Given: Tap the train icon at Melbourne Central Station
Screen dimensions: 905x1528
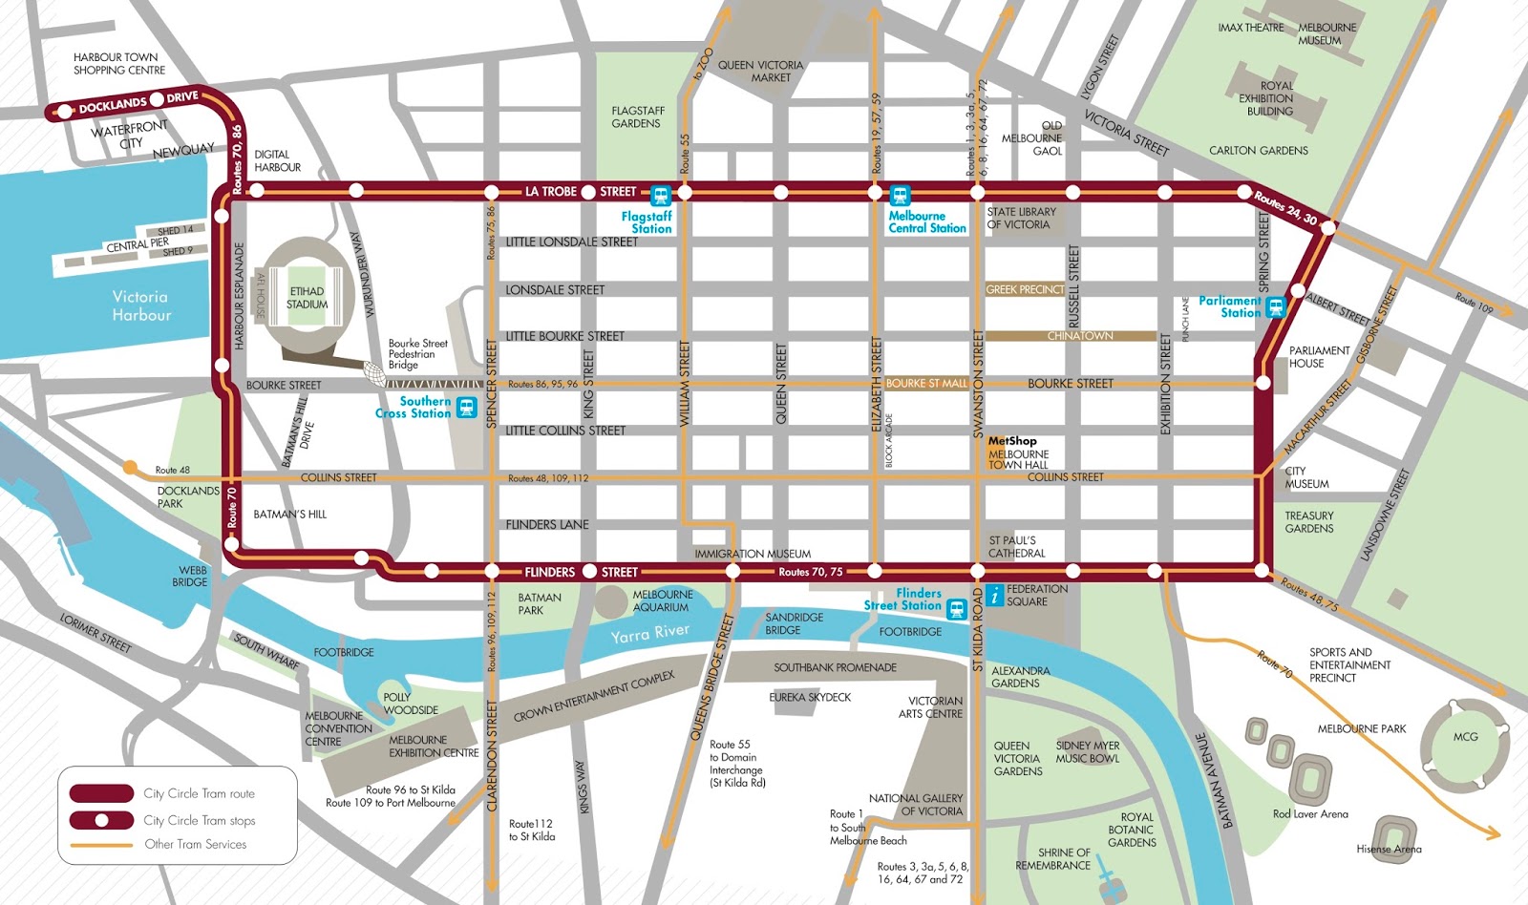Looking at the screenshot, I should click(900, 196).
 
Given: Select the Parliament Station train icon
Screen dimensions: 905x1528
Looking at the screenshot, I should click(1276, 307).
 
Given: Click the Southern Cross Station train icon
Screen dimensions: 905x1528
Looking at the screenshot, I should click(466, 408).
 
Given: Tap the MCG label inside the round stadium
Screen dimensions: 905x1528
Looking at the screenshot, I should click(1465, 737).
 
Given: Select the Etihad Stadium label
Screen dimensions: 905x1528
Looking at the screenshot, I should click(308, 298).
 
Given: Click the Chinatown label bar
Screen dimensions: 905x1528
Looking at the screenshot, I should click(1079, 336).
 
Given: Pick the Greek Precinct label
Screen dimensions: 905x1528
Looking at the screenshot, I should click(1025, 289).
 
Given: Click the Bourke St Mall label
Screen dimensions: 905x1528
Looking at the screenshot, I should click(926, 384).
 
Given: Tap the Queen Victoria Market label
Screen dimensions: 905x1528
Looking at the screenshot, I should click(761, 72).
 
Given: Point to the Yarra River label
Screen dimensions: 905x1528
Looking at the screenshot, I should click(650, 633).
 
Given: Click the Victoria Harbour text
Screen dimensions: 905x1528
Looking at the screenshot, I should click(141, 305).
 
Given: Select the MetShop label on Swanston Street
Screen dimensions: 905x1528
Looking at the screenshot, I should click(1011, 441).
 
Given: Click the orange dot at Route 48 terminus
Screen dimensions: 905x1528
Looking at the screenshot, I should click(130, 467).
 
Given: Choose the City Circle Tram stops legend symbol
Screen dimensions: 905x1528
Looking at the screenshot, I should click(101, 820).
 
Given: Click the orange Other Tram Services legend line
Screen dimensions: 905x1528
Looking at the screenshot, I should click(101, 845).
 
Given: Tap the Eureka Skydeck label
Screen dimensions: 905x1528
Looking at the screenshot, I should click(810, 698).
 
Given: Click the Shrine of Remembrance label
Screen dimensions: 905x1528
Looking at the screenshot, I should click(1052, 859).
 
